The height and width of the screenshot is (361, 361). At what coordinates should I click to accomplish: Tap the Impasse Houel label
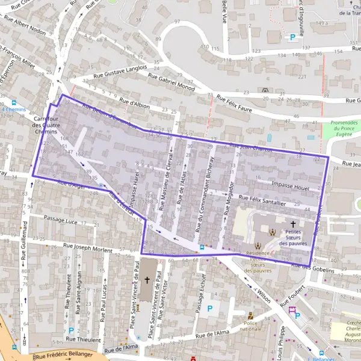[290, 187]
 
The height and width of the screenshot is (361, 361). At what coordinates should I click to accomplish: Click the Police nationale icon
[250, 315]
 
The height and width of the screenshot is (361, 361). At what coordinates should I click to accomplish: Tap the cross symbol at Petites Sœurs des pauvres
[292, 223]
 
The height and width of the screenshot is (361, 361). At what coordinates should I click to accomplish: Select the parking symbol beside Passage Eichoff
[209, 309]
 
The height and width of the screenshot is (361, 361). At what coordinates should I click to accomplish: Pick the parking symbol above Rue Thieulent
[71, 330]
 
